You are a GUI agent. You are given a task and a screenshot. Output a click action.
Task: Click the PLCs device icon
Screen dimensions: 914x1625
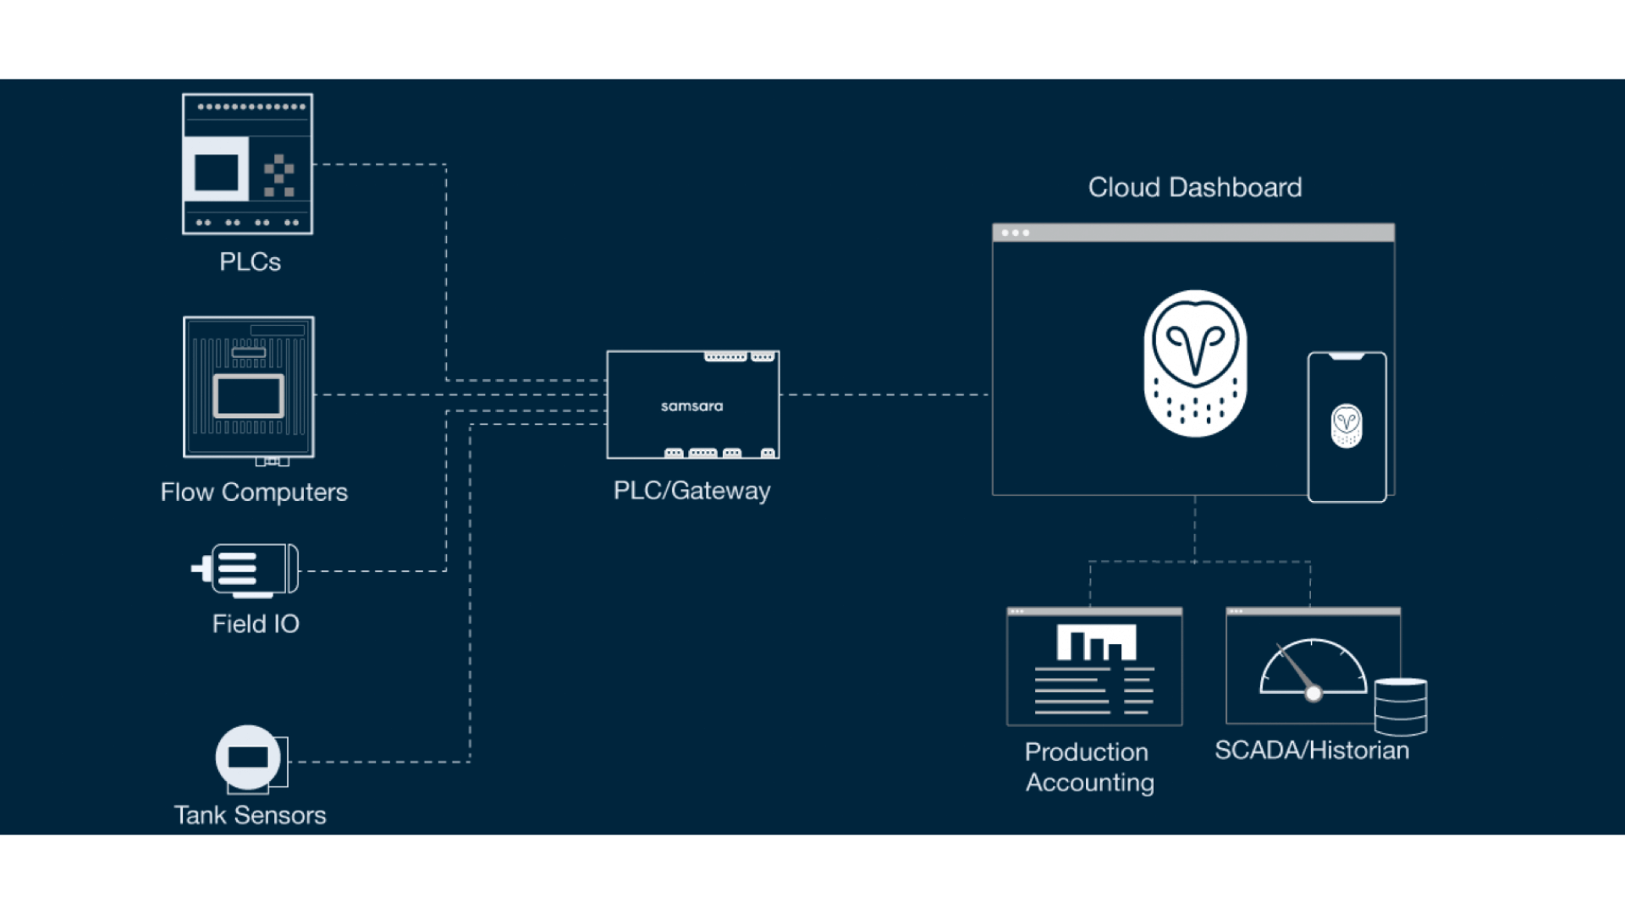click(247, 164)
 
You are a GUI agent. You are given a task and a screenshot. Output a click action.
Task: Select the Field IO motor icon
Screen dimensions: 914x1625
click(248, 570)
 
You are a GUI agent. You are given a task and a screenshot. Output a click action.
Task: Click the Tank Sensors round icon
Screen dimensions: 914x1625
click(248, 757)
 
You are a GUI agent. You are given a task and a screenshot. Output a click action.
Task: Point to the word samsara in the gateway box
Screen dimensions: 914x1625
click(691, 406)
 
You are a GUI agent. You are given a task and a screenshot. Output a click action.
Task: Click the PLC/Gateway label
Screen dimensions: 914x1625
click(691, 491)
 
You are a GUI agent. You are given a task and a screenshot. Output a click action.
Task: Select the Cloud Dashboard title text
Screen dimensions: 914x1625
click(1194, 188)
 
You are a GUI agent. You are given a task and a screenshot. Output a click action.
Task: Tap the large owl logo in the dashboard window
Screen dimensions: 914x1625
click(1195, 364)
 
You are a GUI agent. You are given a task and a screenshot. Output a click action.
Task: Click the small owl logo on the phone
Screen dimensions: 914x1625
click(1346, 426)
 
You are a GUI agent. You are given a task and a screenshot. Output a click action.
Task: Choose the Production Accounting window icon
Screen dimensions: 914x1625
click(1094, 667)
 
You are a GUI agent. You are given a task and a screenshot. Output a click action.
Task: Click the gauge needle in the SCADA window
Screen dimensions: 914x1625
click(1297, 670)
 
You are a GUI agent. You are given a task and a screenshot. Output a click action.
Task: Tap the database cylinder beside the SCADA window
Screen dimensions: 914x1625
click(1401, 706)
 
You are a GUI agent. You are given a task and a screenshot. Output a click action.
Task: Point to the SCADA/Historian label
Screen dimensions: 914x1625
click(1312, 751)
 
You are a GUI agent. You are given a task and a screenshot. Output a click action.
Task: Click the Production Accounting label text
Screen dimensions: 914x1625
click(1089, 768)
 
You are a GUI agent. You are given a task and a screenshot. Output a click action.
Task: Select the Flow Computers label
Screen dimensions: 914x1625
click(254, 493)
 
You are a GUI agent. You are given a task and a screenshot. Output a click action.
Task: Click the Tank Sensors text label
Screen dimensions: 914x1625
click(250, 815)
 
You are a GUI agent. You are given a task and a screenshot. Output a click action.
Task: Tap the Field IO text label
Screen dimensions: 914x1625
click(256, 625)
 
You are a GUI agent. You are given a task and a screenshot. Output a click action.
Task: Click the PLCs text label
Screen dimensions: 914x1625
click(250, 262)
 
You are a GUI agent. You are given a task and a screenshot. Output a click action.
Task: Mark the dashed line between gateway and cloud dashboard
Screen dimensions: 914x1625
click(884, 394)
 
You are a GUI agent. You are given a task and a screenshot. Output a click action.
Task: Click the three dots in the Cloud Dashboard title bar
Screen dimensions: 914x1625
click(1015, 233)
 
